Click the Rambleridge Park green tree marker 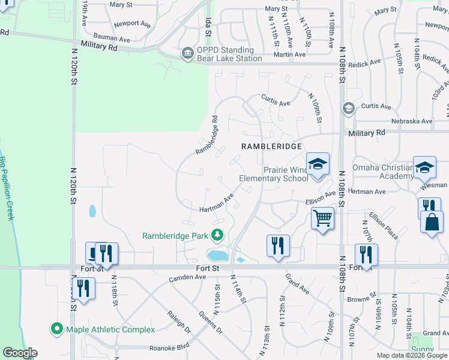[217, 235]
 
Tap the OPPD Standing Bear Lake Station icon [188, 54]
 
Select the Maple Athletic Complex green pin [57, 329]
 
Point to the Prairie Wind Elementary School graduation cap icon [318, 163]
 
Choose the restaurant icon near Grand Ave [278, 245]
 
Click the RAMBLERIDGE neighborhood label [270, 146]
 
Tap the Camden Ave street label [187, 277]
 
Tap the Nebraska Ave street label [412, 121]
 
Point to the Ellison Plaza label [384, 225]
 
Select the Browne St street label [361, 298]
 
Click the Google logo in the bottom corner [20, 353]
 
